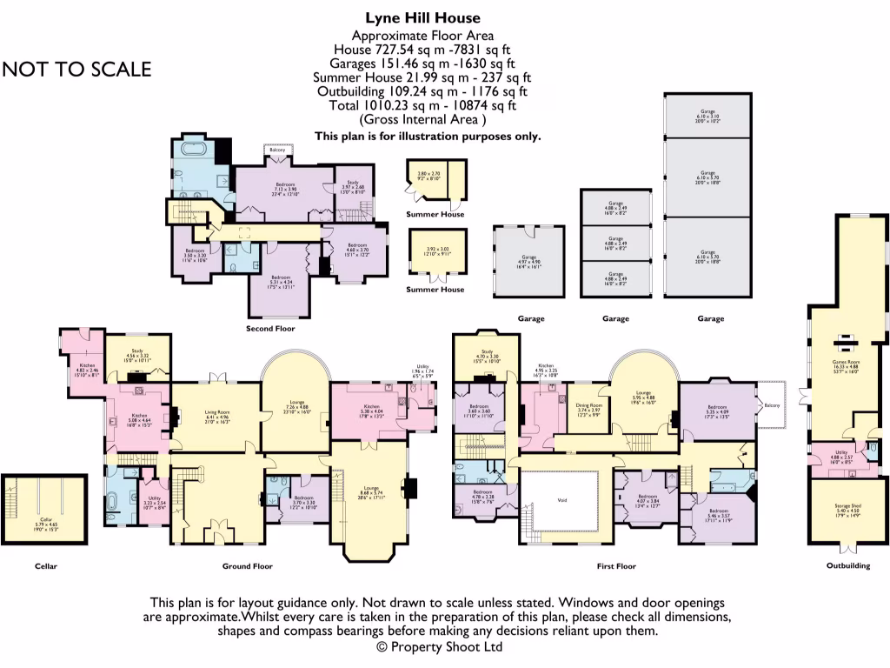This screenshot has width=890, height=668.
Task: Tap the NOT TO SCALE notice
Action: [x=76, y=70]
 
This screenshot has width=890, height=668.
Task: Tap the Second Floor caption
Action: [x=270, y=329]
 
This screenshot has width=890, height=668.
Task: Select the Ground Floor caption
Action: [x=248, y=566]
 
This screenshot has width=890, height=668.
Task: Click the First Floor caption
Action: [x=615, y=566]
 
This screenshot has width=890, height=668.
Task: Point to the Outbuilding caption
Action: [x=847, y=566]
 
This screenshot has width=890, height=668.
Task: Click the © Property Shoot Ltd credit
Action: [x=439, y=647]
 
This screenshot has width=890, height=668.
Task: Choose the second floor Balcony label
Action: [x=277, y=150]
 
